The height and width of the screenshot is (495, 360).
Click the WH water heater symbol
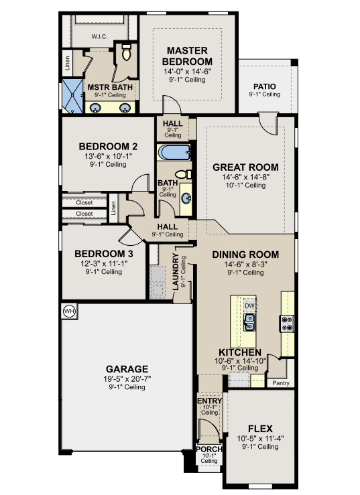(70, 311)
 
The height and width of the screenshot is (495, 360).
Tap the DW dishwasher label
(249, 305)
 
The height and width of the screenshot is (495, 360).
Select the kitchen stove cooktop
(288, 324)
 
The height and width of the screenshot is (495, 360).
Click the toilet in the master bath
(127, 52)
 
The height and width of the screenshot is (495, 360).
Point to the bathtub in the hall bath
(174, 153)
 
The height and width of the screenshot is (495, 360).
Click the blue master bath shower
(72, 95)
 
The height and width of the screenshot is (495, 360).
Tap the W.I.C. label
(100, 37)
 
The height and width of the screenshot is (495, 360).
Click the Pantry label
(281, 383)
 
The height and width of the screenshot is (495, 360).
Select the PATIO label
(265, 86)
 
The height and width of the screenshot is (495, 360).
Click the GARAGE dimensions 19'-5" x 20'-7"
(127, 379)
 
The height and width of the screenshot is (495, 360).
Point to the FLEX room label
(260, 429)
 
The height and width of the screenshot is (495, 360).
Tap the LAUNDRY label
(176, 271)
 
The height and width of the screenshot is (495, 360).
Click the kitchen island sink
(249, 322)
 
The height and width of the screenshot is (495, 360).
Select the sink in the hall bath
(186, 199)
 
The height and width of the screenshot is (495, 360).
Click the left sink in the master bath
(95, 108)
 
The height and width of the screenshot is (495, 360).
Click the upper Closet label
(84, 203)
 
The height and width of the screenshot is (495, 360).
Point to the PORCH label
(209, 449)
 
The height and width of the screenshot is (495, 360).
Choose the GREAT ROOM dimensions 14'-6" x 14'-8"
(245, 177)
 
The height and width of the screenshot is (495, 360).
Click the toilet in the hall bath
(183, 174)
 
